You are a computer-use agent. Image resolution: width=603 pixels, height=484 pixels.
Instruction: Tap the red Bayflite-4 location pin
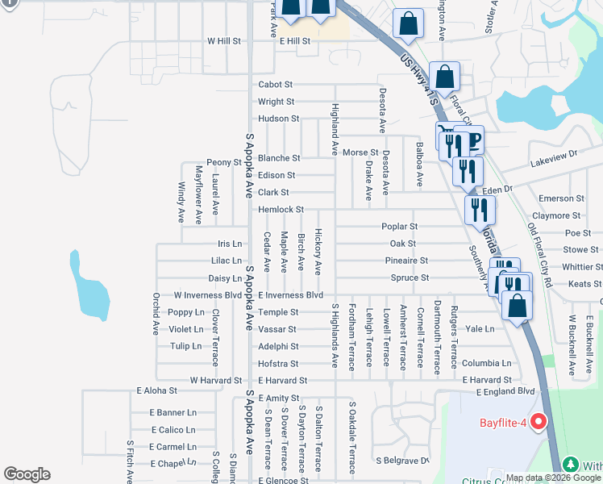click(x=539, y=421)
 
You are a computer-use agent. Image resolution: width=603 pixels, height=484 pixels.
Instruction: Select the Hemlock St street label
click(x=281, y=209)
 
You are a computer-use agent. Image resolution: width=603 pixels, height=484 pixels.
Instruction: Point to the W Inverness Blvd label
click(x=208, y=295)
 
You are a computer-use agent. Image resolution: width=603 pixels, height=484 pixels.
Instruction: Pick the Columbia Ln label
click(x=486, y=363)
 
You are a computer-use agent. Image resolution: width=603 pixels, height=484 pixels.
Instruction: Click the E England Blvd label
click(x=505, y=391)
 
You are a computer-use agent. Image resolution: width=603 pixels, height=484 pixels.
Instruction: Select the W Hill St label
click(x=224, y=40)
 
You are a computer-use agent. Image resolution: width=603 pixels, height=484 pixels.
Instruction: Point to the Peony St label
click(x=224, y=162)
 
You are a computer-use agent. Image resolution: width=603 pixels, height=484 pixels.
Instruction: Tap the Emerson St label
click(x=561, y=198)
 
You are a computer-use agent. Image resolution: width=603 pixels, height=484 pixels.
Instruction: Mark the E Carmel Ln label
click(x=172, y=446)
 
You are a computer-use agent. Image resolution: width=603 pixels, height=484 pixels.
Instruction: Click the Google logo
click(x=27, y=474)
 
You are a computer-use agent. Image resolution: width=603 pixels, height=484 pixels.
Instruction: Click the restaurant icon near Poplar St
click(x=480, y=210)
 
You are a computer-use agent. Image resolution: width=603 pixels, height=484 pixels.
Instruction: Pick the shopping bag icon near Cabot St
click(x=444, y=77)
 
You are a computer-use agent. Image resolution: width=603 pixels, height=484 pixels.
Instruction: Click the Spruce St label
click(x=410, y=277)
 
